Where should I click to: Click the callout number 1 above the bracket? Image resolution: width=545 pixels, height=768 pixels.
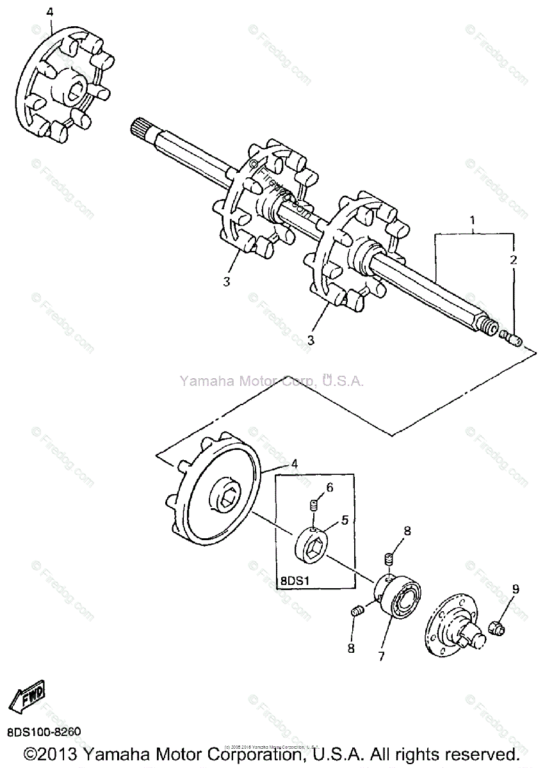[472, 222]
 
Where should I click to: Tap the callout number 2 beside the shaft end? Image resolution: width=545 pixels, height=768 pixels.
[512, 260]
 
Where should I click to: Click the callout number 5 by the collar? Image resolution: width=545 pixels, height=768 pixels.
[344, 520]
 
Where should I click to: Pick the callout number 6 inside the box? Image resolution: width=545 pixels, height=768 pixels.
[329, 488]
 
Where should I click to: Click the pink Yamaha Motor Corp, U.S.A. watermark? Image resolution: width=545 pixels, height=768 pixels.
[272, 381]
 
